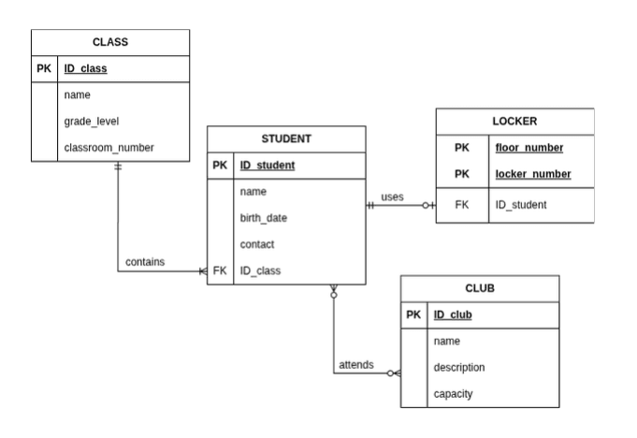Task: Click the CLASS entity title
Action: pos(110,42)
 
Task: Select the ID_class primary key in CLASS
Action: pos(85,68)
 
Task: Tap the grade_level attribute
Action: pos(92,121)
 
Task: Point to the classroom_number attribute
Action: pos(109,148)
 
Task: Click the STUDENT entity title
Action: pos(286,139)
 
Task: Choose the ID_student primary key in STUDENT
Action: pos(268,165)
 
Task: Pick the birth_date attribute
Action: pos(264,218)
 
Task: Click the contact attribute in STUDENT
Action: pos(257,244)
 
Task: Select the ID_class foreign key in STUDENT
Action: pos(260,270)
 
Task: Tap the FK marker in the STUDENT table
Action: pos(220,270)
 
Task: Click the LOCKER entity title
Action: pos(514,121)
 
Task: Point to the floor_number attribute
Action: pos(529,148)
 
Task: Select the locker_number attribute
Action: pos(533,174)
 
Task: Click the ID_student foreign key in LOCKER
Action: pos(521,205)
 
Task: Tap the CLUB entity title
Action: pos(480,288)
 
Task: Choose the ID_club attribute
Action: pos(453,314)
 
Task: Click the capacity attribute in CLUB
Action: pos(453,394)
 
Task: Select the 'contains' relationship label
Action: pos(145,262)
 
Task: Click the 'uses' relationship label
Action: pos(392,197)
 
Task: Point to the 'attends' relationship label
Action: pos(356,364)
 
